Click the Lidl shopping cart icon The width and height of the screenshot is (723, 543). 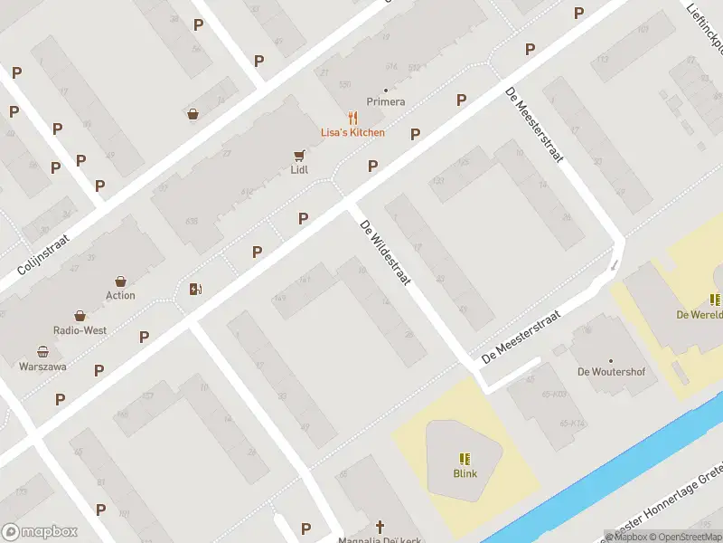click(x=298, y=156)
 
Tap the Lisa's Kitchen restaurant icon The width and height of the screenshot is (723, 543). click(x=352, y=118)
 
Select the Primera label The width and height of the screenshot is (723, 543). click(x=386, y=102)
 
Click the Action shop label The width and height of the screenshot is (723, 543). click(x=120, y=295)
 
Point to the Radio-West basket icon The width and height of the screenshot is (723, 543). click(x=80, y=316)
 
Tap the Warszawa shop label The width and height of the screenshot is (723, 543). click(x=42, y=367)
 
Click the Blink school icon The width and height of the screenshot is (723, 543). click(x=465, y=459)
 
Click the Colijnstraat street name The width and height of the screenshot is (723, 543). click(x=43, y=252)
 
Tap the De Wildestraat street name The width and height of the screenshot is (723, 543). click(x=386, y=253)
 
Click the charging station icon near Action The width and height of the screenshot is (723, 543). click(x=195, y=290)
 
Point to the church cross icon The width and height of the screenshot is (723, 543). click(x=380, y=526)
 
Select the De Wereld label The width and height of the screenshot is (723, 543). click(x=700, y=315)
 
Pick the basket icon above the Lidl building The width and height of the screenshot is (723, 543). click(x=193, y=114)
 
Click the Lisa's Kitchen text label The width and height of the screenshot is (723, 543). click(x=352, y=132)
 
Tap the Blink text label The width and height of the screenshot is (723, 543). click(x=465, y=473)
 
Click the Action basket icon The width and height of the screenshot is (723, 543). click(x=120, y=281)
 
